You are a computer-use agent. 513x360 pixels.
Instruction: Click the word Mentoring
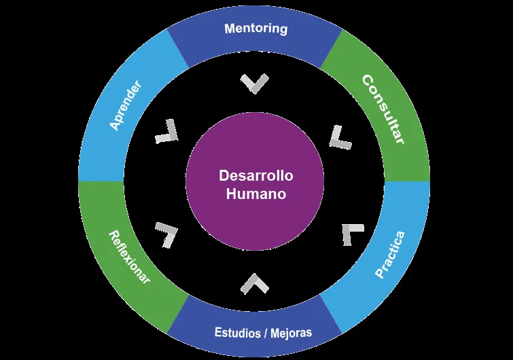click(255, 29)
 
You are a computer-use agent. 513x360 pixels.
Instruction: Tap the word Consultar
click(383, 109)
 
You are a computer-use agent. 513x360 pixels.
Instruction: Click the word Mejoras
click(291, 333)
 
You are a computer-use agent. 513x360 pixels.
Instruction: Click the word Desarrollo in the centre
click(255, 175)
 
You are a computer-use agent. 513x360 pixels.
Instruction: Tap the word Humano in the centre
click(255, 193)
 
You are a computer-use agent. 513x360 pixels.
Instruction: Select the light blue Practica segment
click(390, 254)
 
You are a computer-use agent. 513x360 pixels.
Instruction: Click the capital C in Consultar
click(368, 81)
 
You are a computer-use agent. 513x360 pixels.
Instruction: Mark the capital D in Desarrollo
click(224, 175)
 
